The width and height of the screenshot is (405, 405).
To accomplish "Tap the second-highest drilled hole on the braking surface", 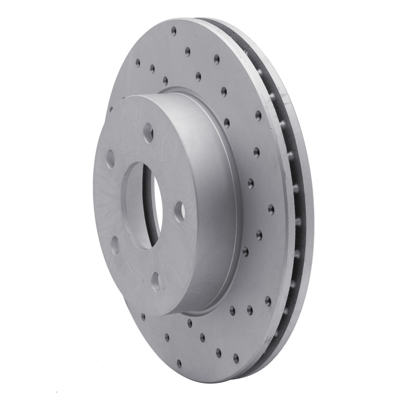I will click(x=187, y=51).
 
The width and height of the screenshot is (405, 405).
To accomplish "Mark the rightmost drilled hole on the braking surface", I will click(x=271, y=209).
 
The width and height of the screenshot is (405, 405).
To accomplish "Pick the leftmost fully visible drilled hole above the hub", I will click(x=137, y=63).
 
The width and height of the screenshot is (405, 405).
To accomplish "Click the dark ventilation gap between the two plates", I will click(x=294, y=202).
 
